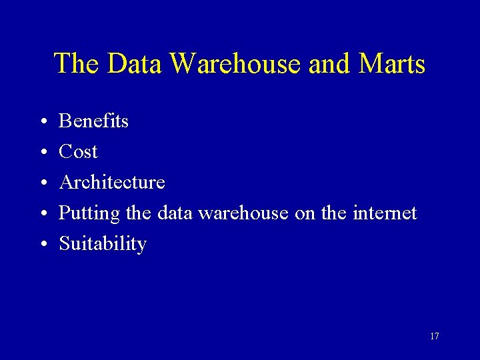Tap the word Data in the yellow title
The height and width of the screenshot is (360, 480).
tap(135, 64)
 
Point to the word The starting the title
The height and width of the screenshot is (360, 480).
tap(77, 64)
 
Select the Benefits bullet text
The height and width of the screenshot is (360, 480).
tap(93, 121)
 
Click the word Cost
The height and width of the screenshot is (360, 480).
tap(78, 151)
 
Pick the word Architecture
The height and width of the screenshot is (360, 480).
tap(112, 182)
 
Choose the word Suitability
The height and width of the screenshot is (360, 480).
tap(103, 244)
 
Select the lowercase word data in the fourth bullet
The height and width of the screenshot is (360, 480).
tap(175, 213)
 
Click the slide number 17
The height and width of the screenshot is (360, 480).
tap(434, 336)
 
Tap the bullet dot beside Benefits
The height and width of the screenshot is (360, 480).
tap(42, 122)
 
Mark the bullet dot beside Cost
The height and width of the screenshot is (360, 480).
tap(42, 153)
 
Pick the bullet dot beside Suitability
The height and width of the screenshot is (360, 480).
tap(42, 245)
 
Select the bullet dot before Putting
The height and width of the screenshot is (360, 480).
tap(42, 214)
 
